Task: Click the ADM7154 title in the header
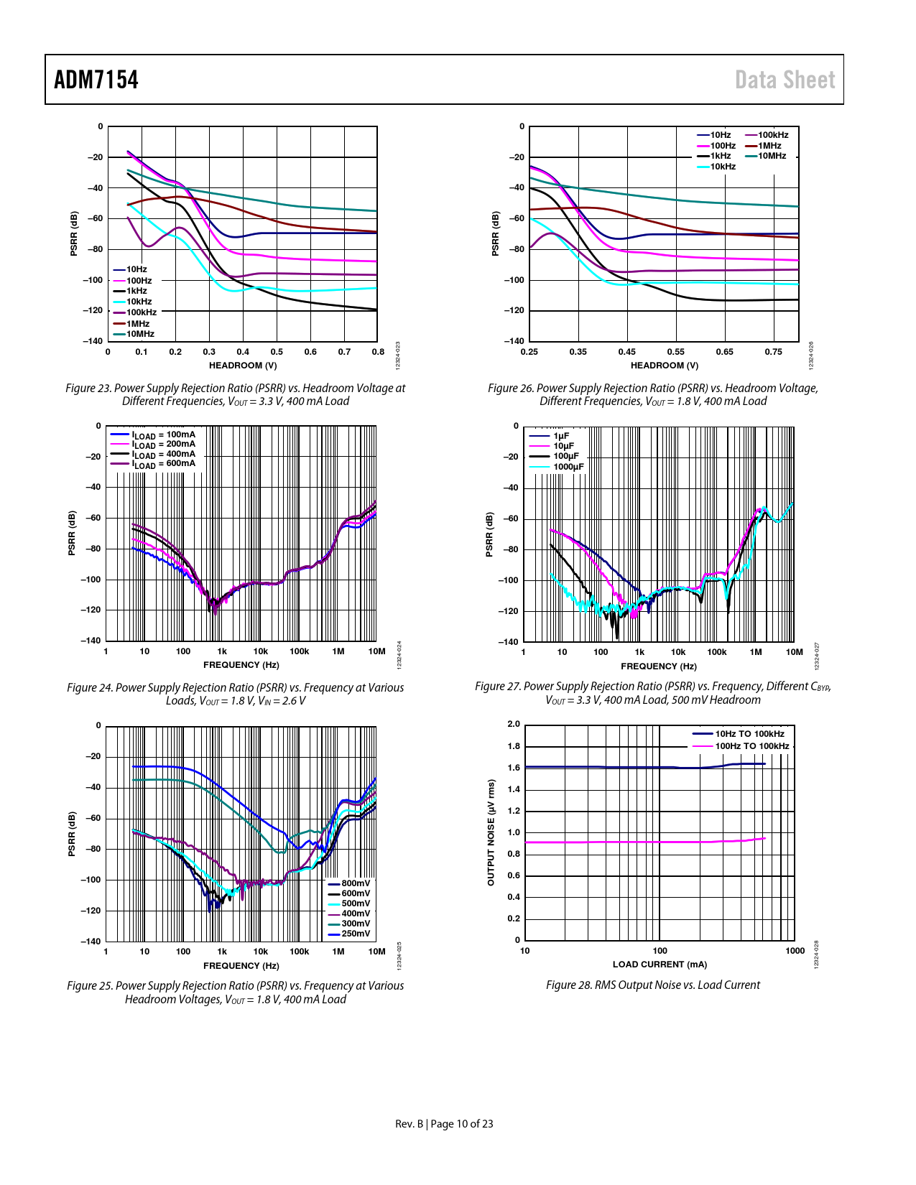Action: click(96, 80)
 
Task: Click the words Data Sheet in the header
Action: click(785, 80)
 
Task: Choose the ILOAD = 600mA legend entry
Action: click(163, 464)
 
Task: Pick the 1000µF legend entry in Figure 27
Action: click(568, 467)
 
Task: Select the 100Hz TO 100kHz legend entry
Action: click(751, 746)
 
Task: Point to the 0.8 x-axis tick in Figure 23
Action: click(378, 352)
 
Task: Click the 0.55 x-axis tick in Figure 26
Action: click(675, 352)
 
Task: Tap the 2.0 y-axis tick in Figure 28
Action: click(514, 724)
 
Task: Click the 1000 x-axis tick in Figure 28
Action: click(795, 951)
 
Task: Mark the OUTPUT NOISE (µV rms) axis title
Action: click(491, 832)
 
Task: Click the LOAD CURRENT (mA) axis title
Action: click(660, 965)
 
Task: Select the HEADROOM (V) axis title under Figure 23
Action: click(243, 365)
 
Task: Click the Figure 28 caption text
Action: click(652, 985)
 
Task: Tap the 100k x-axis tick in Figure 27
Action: click(716, 652)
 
